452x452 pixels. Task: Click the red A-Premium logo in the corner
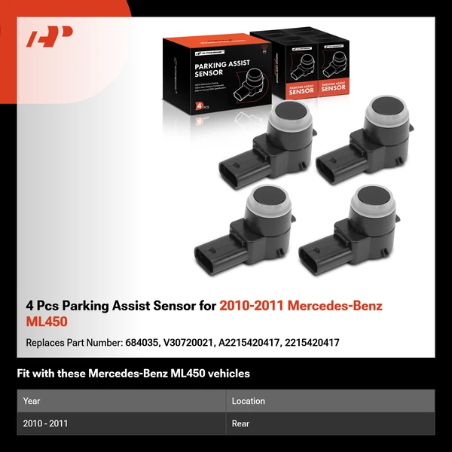click(x=50, y=37)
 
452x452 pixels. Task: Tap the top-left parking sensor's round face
click(x=288, y=118)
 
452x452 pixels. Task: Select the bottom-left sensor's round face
click(x=270, y=202)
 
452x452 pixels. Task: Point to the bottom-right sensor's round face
click(x=371, y=202)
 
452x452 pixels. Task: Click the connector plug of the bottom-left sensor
click(x=212, y=255)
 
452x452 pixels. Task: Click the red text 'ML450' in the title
click(x=47, y=321)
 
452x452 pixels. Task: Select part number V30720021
click(x=189, y=342)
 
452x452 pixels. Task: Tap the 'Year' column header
click(x=32, y=401)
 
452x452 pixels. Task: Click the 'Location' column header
click(x=248, y=401)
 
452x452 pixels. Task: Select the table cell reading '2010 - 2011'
click(x=46, y=423)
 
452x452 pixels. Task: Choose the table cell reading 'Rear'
click(x=240, y=423)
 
